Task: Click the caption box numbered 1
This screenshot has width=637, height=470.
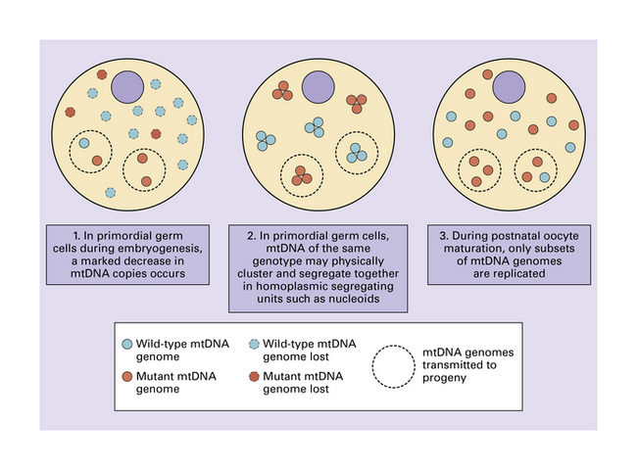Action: [x=129, y=256]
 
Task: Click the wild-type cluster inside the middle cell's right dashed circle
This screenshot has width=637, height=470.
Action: [x=355, y=154]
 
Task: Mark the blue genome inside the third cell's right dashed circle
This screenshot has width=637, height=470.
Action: [x=544, y=176]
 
